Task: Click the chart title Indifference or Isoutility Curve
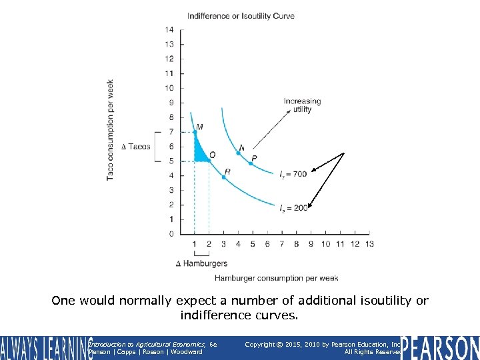pos(241,15)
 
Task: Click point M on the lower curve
pos(195,132)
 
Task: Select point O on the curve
pos(209,161)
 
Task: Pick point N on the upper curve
pos(238,153)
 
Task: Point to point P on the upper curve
pos(251,163)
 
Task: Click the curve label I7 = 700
pos(293,174)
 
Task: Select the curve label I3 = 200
pos(293,208)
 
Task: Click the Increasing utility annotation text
pos(302,105)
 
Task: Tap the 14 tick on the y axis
pos(169,29)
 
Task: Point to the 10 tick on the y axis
pos(169,88)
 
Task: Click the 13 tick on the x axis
pos(369,244)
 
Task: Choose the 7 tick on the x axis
pos(282,244)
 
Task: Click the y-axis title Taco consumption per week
pos(110,130)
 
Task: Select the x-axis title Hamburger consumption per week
pos(276,278)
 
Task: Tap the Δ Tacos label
pos(136,147)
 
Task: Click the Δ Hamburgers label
pos(201,264)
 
